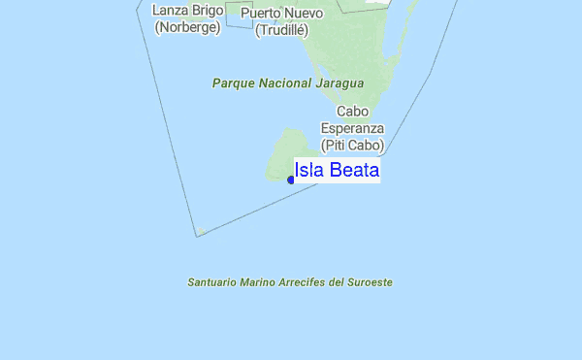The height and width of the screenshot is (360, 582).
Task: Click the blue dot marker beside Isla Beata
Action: [291, 180]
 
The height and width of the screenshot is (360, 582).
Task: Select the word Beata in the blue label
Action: [354, 171]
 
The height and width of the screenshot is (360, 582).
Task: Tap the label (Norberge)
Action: [188, 27]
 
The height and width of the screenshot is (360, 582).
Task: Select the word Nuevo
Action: [304, 14]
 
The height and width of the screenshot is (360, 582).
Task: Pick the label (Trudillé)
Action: [282, 30]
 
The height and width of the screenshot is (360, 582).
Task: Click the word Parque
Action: [234, 83]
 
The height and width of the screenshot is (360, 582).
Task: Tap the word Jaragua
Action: [339, 83]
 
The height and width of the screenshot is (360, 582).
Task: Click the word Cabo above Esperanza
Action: [353, 112]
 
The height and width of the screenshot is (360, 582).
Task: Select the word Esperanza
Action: [353, 128]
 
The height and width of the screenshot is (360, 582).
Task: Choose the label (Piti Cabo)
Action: [353, 146]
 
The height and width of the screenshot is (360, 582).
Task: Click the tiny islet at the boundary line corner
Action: [201, 232]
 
